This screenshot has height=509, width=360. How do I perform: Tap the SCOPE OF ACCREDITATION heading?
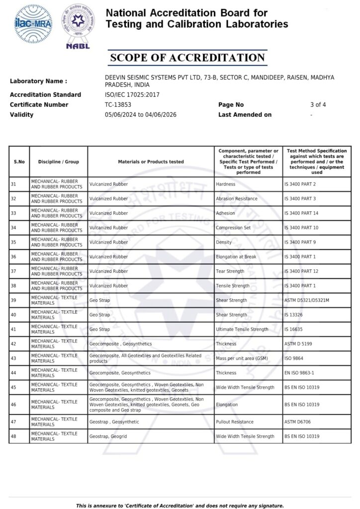click(x=187, y=58)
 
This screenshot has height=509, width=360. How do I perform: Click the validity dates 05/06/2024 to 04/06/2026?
click(x=141, y=115)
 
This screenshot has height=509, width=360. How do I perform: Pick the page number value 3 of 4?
click(x=318, y=105)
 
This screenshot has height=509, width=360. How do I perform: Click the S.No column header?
click(x=19, y=162)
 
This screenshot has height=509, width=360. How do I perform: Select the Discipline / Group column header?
click(x=59, y=162)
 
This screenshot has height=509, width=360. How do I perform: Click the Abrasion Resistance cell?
click(x=237, y=199)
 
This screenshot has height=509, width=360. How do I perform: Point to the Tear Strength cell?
click(x=230, y=271)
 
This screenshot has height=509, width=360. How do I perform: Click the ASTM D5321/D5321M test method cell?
click(x=307, y=300)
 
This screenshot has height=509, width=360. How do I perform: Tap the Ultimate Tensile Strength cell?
click(x=242, y=329)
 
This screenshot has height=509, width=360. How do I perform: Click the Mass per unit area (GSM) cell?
click(x=242, y=358)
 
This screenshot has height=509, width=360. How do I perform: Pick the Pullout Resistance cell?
click(x=235, y=422)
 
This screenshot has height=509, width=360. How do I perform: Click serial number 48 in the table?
click(x=13, y=436)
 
